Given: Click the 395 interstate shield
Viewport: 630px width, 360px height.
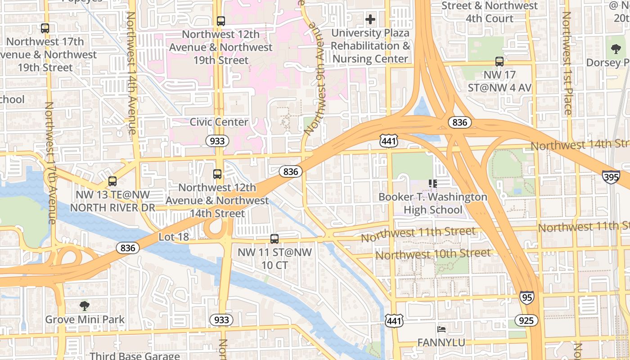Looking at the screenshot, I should (x=611, y=177).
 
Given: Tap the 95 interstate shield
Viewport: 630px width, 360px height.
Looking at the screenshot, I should (x=527, y=297).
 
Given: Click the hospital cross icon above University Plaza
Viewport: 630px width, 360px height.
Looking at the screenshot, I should (x=370, y=19).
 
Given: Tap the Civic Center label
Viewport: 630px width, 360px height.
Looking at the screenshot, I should (x=219, y=122).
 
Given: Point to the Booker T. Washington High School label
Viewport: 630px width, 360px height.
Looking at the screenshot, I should (x=432, y=203).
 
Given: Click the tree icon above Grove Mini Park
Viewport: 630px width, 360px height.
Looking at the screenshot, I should (x=84, y=306).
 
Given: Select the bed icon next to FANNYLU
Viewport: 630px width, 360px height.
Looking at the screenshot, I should (x=441, y=330).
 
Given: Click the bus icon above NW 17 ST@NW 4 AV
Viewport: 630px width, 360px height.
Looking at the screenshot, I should (x=499, y=62).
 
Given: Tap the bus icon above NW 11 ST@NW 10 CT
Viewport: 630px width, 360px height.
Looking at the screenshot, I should (x=274, y=239).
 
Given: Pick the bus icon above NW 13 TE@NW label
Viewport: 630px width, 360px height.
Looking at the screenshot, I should (x=112, y=181).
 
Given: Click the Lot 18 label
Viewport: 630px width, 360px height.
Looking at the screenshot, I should (x=174, y=237).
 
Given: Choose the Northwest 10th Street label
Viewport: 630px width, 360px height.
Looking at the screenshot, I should (x=433, y=254).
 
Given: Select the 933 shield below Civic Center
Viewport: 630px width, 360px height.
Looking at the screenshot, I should (x=217, y=141).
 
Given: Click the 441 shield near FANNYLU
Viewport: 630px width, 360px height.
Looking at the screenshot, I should (x=394, y=320).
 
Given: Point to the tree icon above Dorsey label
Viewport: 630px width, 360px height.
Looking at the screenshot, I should (x=616, y=49).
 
